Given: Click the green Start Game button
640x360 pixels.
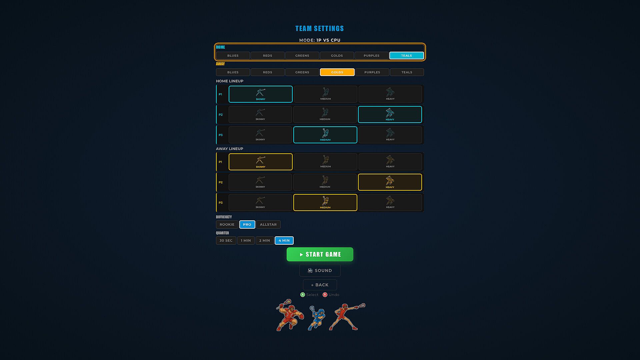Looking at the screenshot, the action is point(320,254).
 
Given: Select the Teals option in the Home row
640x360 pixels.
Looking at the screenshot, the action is point(406,56).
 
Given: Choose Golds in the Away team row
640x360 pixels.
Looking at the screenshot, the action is point(337,72).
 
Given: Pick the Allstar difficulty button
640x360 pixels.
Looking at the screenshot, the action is point(268,225).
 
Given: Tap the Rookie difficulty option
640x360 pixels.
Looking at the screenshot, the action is point(227,225).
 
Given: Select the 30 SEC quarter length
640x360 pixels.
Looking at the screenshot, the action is point(226,241).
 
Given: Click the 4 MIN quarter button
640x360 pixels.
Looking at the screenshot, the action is point(284,241).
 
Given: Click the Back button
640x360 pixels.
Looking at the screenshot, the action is point(320,285).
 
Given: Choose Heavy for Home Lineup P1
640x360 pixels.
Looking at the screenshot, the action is point(390,94).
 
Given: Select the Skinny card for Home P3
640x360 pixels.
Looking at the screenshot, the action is point(260,135).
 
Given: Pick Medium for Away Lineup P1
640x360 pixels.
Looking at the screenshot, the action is point(326,162).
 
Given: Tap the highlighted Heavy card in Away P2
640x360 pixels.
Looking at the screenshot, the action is point(390,182).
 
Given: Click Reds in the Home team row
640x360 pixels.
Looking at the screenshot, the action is point(268,56).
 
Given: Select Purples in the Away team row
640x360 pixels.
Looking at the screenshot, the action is point(372,72).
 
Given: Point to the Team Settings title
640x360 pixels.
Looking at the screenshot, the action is point(320,29).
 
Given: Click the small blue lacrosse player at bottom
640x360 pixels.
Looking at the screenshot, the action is point(316,319).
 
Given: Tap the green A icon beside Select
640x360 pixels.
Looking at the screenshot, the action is point(303,295).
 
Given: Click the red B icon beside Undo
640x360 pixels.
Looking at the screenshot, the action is point(325,295).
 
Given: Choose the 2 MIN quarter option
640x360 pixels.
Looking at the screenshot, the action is point(265,241).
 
